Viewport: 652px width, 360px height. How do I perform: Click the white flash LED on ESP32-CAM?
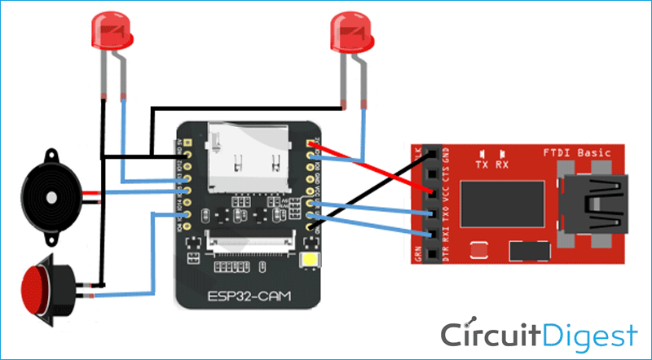coord(310,260)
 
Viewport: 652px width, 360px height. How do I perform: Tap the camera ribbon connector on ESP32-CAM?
coord(249,240)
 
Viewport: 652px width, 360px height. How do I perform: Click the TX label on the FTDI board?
coord(483,164)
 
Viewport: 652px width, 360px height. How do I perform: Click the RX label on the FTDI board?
coord(503,164)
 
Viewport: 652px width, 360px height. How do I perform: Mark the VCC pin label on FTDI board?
coord(446,195)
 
